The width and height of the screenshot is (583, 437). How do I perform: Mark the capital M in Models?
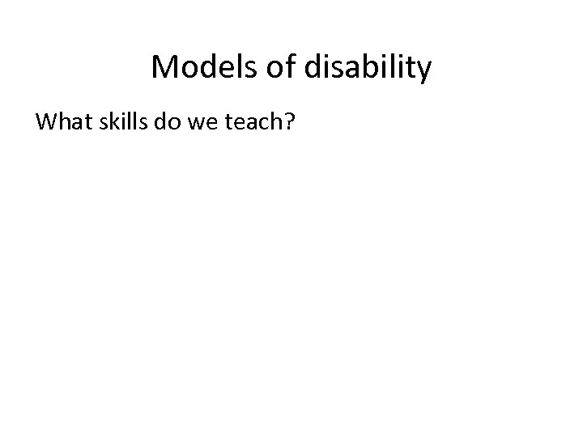point(164,69)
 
